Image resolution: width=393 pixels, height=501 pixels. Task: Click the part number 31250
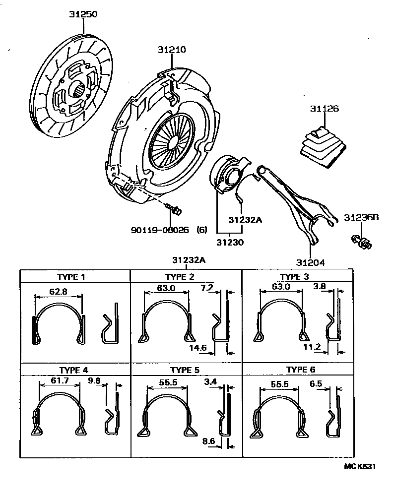(x=83, y=14)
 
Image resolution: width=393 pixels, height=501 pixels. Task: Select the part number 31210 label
(x=172, y=50)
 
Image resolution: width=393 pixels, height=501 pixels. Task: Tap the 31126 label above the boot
(x=325, y=108)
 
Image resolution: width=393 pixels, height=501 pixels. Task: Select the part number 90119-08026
(x=161, y=230)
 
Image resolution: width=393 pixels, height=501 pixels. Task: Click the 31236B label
(x=362, y=217)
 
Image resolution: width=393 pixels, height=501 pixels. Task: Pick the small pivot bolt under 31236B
(x=362, y=242)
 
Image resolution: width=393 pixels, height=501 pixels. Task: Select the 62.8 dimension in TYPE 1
(x=59, y=292)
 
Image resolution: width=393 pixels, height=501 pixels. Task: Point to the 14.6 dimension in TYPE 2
(x=197, y=348)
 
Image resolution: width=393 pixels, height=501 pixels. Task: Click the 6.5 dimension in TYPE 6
(x=316, y=383)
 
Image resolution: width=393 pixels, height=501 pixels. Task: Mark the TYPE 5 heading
(x=185, y=370)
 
